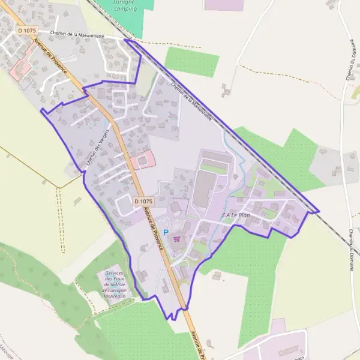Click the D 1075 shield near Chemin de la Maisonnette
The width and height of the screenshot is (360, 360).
[x=27, y=30]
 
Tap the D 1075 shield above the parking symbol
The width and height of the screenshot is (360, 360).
[x=144, y=202]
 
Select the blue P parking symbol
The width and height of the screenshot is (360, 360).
[x=166, y=232]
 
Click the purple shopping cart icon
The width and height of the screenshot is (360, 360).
[x=176, y=238]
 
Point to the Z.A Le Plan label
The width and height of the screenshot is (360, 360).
[x=235, y=215]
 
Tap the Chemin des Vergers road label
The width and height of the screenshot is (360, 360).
[x=96, y=147]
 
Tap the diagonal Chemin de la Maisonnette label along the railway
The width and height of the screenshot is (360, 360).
[x=191, y=101]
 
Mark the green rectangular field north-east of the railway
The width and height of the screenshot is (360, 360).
[x=192, y=62]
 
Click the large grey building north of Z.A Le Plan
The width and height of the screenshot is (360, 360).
[x=205, y=188]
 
